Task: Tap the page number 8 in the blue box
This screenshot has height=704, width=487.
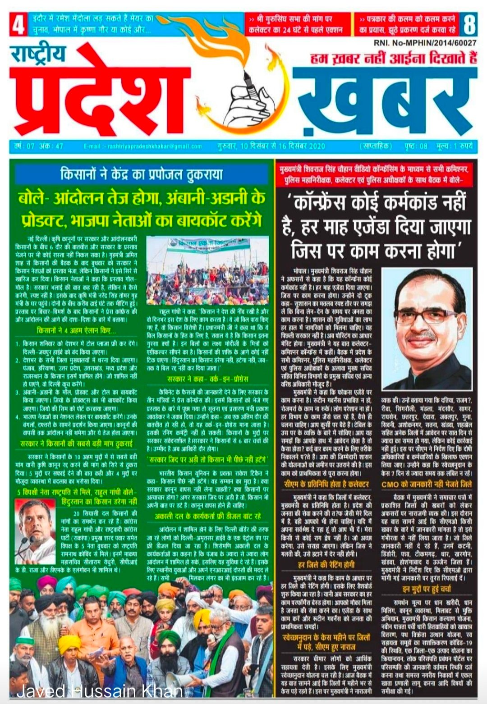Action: [x=469, y=25]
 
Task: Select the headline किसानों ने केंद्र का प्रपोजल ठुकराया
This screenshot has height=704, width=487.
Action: [x=142, y=174]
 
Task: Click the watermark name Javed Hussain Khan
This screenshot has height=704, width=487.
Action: [x=100, y=691]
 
